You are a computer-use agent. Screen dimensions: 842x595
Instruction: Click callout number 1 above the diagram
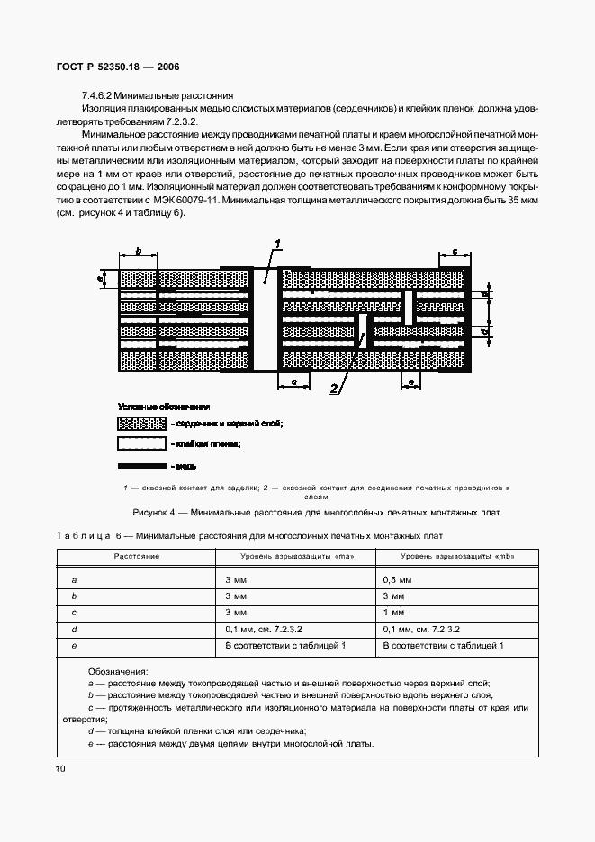[x=279, y=245]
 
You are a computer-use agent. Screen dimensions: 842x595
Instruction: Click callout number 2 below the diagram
[x=333, y=389]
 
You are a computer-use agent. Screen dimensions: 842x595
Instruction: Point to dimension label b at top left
[x=139, y=251]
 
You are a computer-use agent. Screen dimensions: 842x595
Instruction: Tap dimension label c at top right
[x=455, y=251]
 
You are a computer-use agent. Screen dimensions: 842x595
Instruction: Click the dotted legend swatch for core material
[x=141, y=424]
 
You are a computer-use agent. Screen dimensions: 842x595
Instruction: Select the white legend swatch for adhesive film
[x=141, y=444]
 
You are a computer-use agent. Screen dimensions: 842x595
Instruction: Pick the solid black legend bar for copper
[x=141, y=466]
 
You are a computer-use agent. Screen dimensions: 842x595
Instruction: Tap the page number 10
[x=60, y=768]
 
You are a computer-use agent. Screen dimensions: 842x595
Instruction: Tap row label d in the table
[x=74, y=630]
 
